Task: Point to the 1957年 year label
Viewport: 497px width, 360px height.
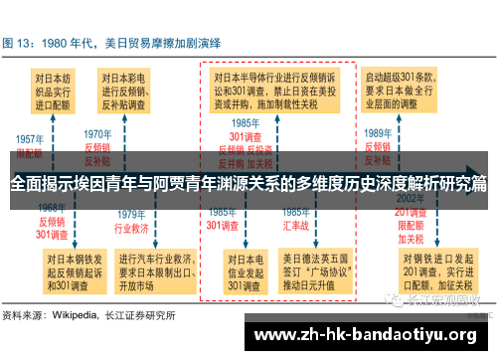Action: coord(29,139)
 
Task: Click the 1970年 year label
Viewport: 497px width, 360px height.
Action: coord(97,133)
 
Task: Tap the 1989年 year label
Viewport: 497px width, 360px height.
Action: coord(377,133)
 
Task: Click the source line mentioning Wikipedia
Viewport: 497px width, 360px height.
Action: coord(89,315)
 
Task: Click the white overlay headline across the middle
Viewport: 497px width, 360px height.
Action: coord(248,184)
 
